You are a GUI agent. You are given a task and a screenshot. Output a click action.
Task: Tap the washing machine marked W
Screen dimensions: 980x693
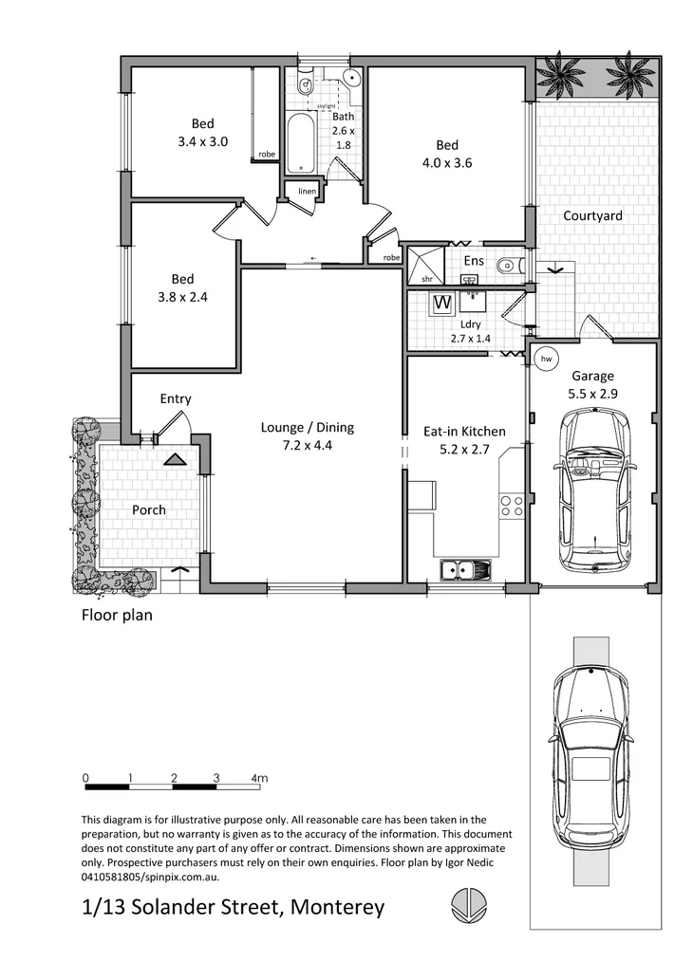441,304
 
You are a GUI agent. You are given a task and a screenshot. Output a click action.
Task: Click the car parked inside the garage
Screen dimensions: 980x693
594,490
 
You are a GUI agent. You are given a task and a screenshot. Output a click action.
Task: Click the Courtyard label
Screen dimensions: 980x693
592,215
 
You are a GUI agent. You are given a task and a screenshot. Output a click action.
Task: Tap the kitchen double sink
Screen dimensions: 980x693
466,569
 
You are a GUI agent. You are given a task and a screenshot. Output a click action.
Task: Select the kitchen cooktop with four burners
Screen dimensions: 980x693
512,506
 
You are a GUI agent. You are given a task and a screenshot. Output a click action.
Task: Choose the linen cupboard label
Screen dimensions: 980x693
307,192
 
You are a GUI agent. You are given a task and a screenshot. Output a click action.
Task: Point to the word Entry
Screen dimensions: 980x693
176,399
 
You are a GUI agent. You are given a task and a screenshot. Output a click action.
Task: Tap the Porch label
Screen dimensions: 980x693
149,510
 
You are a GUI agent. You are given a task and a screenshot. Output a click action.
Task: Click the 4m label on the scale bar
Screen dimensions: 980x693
259,778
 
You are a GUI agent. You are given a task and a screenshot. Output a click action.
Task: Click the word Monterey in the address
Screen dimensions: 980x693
337,907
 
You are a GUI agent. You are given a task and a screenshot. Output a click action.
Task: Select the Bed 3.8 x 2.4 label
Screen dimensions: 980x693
182,287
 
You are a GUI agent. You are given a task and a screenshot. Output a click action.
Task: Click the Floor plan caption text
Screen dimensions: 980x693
116,615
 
